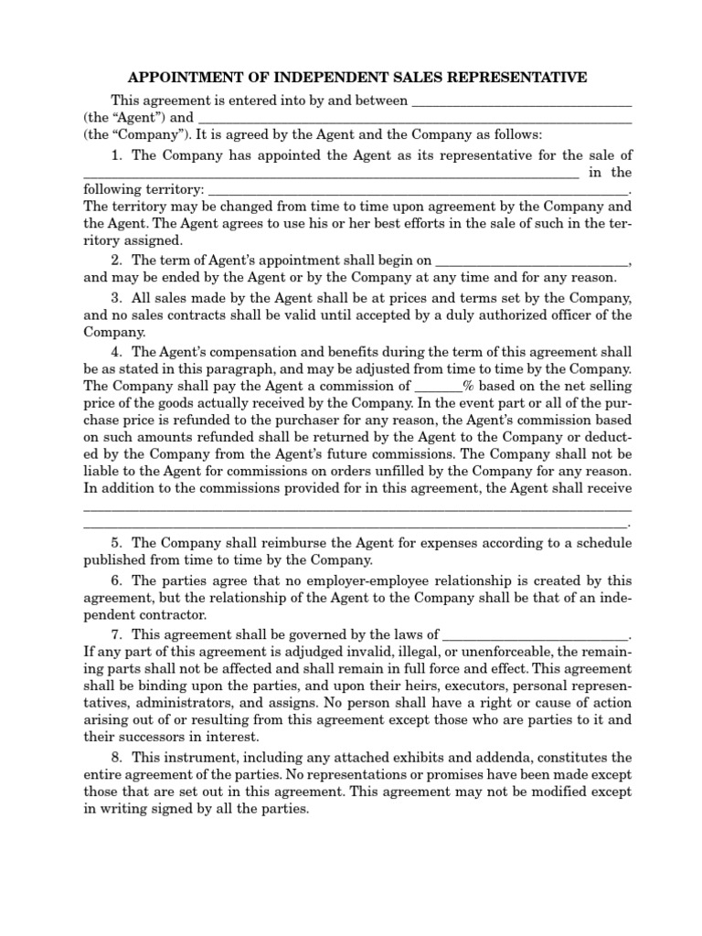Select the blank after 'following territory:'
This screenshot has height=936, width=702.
coord(420,190)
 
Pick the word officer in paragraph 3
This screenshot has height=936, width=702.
coord(564,315)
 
